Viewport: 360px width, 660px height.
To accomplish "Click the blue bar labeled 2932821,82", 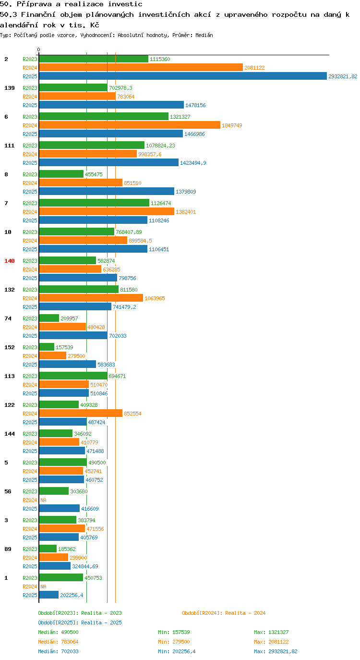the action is coord(183,76).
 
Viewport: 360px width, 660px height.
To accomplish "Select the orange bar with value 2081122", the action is coord(141,67).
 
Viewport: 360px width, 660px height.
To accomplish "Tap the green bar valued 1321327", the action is coord(104,116).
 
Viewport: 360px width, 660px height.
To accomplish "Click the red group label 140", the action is coord(10,261).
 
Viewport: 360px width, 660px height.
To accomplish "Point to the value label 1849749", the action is coord(232,125).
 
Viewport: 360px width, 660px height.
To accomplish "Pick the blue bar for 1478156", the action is coord(111,105).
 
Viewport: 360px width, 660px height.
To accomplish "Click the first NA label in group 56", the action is coord(43,500).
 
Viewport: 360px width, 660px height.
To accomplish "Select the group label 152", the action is coord(10,347).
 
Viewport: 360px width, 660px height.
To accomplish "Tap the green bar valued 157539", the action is coord(47,347).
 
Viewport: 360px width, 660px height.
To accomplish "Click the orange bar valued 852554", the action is coord(81,413).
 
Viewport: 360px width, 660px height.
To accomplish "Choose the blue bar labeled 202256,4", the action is coord(49,595).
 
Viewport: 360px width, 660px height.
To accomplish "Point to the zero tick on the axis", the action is coord(38,50).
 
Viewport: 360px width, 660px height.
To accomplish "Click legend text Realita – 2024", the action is coord(245,613).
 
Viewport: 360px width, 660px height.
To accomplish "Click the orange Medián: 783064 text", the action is coord(58,642).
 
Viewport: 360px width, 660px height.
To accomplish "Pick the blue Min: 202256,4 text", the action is coord(177,651).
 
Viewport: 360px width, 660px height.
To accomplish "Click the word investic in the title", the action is coord(125,4).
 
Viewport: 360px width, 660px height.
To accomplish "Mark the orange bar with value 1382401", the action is coord(107,211).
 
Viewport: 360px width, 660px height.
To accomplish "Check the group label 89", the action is coord(8,549).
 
